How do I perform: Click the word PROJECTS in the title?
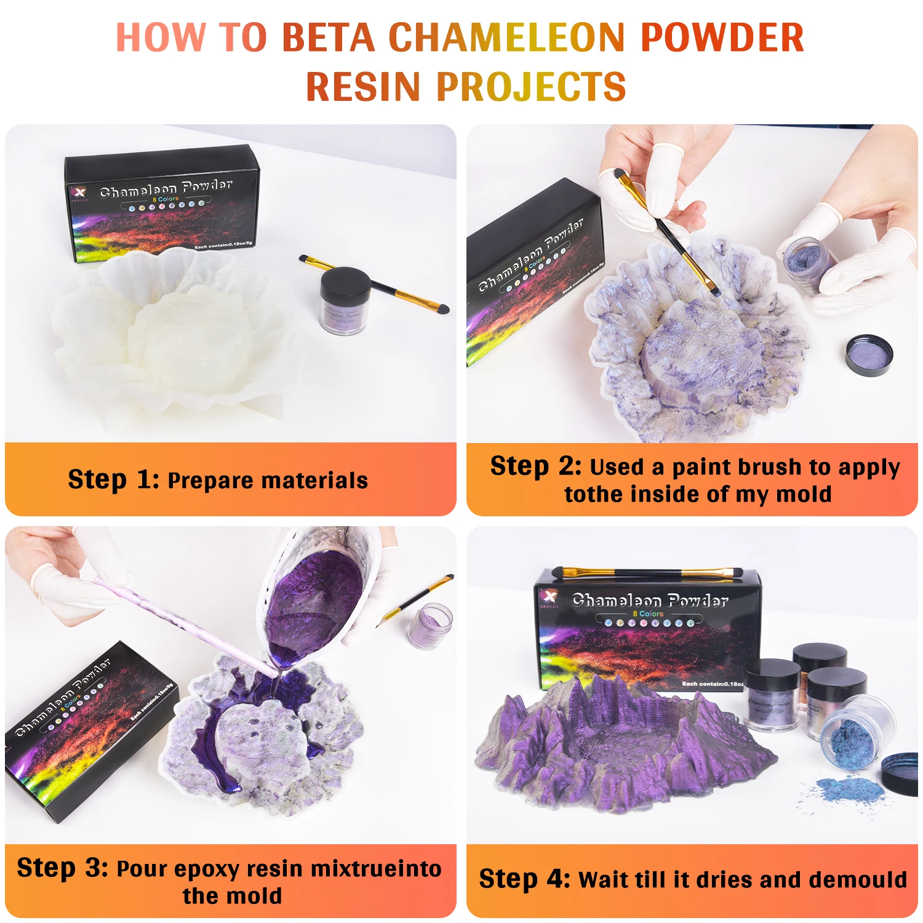pyautogui.click(x=531, y=86)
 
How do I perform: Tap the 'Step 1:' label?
pyautogui.click(x=114, y=480)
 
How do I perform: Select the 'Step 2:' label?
pyautogui.click(x=535, y=466)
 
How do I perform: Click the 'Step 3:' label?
pyautogui.click(x=62, y=868)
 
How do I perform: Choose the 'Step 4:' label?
pyautogui.click(x=525, y=879)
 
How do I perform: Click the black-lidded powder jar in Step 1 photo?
pyautogui.click(x=345, y=300)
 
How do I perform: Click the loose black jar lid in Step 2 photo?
pyautogui.click(x=868, y=355)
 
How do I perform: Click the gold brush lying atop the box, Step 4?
pyautogui.click(x=646, y=573)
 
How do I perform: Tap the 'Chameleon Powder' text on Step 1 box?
pyautogui.click(x=166, y=188)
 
